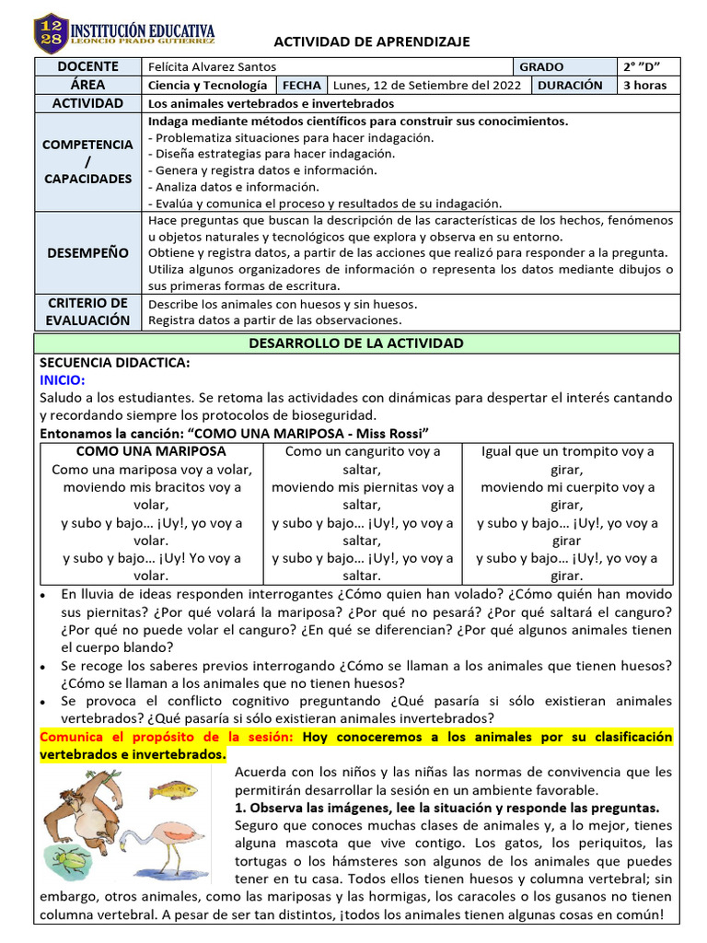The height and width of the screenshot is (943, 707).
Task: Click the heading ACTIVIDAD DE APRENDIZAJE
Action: tap(372, 41)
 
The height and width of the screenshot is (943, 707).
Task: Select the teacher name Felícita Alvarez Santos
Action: tap(212, 67)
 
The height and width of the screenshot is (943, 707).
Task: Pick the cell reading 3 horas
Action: tap(645, 85)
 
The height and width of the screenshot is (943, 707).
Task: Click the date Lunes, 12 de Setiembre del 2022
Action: tap(427, 85)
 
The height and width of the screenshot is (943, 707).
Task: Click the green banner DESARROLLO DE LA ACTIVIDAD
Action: tap(356, 343)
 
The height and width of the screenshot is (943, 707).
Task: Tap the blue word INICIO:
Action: tap(63, 379)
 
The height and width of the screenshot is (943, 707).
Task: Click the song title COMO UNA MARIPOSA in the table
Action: tap(150, 451)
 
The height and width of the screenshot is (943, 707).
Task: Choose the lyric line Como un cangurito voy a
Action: tap(363, 451)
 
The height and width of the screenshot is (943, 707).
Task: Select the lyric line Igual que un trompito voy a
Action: tap(567, 451)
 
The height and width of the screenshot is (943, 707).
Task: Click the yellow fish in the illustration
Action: tap(173, 789)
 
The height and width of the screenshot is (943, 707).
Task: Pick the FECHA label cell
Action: tap(302, 85)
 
